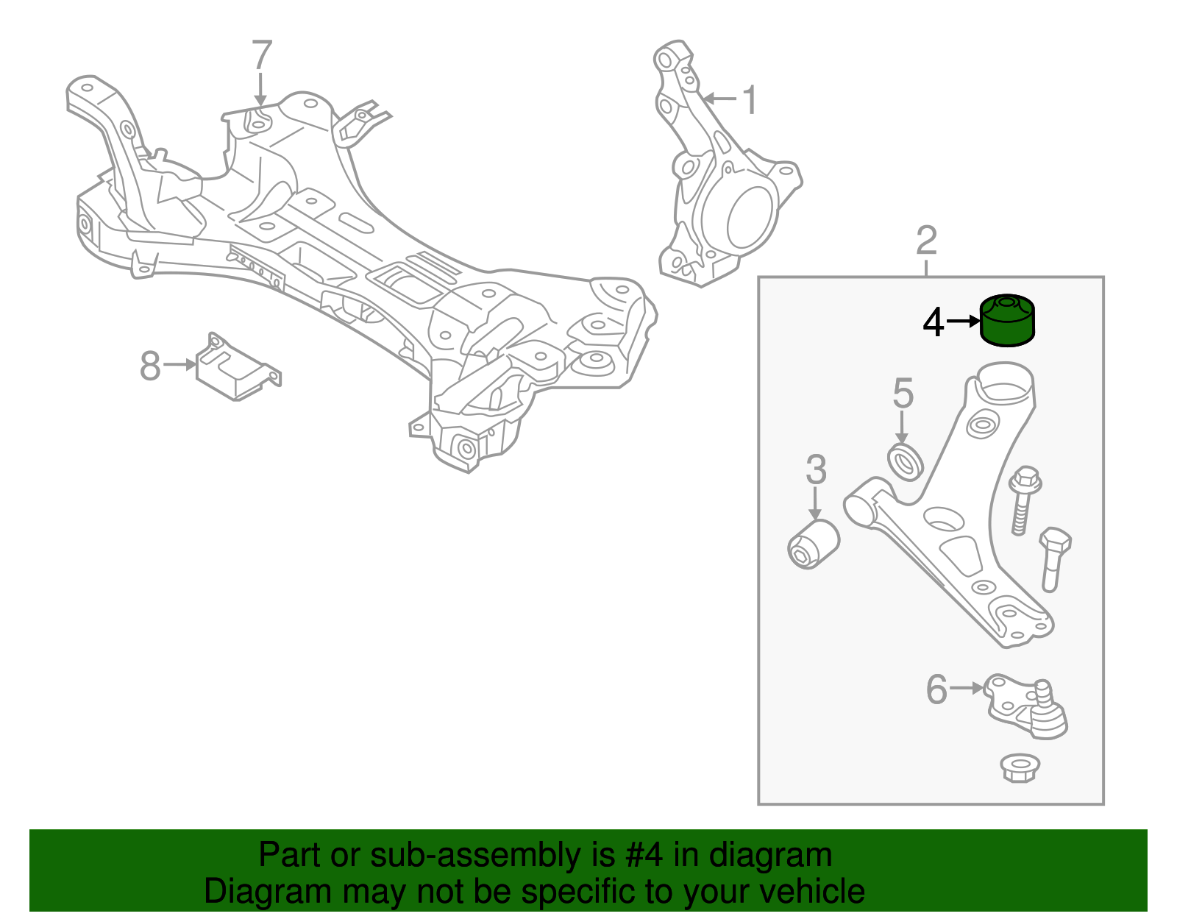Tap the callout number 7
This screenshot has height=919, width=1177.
click(262, 55)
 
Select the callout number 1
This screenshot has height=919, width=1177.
click(749, 100)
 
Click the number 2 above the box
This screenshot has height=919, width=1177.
click(926, 241)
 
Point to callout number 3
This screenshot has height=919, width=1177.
click(816, 470)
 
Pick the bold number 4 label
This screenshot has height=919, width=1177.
click(933, 322)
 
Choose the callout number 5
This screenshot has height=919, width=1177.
click(903, 394)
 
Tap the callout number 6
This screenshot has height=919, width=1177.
click(936, 689)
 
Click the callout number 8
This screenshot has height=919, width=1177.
click(150, 366)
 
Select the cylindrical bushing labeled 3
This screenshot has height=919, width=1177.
click(813, 544)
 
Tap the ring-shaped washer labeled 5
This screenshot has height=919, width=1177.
click(906, 461)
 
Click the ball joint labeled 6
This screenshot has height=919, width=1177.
click(1030, 706)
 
